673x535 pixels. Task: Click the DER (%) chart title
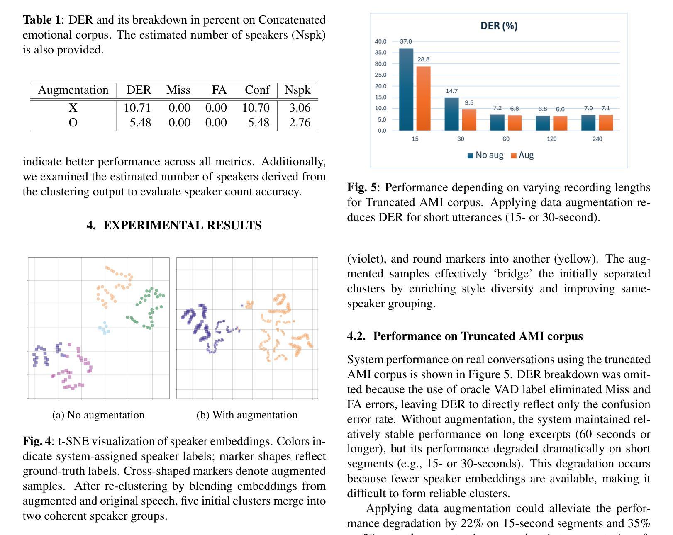click(499, 26)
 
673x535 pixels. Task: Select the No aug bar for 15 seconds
click(406, 89)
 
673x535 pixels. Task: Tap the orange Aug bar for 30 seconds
click(469, 120)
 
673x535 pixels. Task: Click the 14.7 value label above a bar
click(451, 91)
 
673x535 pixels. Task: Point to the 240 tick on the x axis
click(597, 139)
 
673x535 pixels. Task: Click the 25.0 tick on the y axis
click(380, 75)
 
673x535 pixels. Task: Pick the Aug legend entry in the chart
click(522, 155)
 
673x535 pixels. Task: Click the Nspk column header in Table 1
click(297, 90)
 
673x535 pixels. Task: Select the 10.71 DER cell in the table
click(137, 108)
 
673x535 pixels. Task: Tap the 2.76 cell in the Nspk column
click(300, 123)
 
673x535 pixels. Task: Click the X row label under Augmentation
click(73, 108)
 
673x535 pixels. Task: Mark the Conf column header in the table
click(257, 90)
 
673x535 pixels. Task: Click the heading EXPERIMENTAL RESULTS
click(174, 226)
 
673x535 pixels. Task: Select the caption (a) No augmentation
click(98, 415)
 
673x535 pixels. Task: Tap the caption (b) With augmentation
click(247, 415)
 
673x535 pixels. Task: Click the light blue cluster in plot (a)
click(105, 328)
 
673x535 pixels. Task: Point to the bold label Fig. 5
click(362, 187)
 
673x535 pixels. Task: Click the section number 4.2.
click(356, 336)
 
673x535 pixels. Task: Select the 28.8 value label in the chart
click(423, 59)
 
